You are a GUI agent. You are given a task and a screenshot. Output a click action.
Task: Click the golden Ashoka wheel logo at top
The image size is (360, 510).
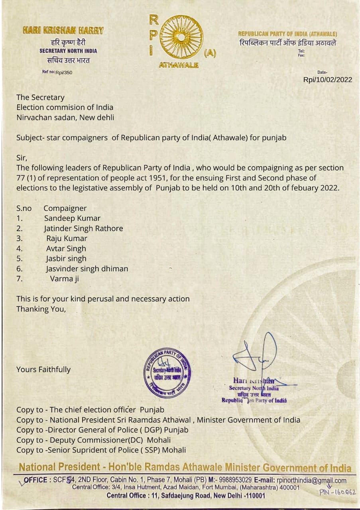point(181,37)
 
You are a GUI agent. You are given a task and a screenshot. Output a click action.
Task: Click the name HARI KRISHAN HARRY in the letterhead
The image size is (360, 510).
point(63,30)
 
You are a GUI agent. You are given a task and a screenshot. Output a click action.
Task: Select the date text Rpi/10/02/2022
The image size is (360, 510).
point(328,80)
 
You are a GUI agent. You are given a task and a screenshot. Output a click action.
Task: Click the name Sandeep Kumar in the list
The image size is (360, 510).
point(72,218)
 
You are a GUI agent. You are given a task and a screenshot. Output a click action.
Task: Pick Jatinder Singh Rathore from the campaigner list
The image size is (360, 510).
point(83,228)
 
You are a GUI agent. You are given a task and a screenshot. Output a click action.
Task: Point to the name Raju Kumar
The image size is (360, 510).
point(67,239)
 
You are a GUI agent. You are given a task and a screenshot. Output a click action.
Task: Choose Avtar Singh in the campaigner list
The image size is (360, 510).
point(66,249)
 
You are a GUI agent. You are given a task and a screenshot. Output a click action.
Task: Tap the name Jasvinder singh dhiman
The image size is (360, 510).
point(87,269)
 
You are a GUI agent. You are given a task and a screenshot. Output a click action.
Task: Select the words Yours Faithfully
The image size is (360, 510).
point(43,370)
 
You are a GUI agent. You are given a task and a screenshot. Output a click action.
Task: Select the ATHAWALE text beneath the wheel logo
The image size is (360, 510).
point(179,65)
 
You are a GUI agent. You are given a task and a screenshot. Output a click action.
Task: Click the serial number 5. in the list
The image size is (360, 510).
point(20,259)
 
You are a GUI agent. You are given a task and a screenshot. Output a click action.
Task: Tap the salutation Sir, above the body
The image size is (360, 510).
point(22,158)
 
